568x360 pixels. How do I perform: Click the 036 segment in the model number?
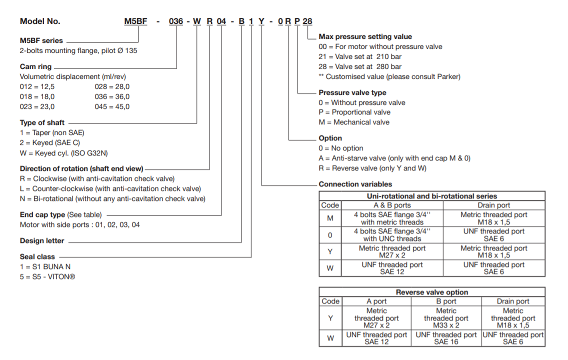click(x=176, y=21)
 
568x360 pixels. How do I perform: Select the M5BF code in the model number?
click(x=135, y=21)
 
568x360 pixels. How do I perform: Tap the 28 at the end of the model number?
click(x=308, y=21)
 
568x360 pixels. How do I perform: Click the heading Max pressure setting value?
click(x=365, y=36)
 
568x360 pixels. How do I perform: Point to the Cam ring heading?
click(x=35, y=66)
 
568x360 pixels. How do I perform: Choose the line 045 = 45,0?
click(x=112, y=106)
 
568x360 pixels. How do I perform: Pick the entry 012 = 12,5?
click(x=37, y=86)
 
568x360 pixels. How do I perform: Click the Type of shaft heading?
click(x=42, y=122)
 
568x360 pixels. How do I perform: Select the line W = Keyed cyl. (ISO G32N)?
click(x=64, y=153)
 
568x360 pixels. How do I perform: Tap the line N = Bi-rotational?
click(x=112, y=198)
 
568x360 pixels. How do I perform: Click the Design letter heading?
click(x=42, y=240)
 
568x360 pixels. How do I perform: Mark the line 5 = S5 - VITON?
click(x=47, y=276)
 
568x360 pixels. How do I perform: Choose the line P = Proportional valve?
click(x=354, y=112)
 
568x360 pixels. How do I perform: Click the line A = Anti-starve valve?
click(x=394, y=158)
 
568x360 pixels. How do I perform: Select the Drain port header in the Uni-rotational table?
click(x=493, y=205)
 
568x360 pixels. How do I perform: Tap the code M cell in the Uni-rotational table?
click(x=330, y=218)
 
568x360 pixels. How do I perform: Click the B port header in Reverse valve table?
click(x=446, y=301)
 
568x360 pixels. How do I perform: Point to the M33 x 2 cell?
click(x=446, y=325)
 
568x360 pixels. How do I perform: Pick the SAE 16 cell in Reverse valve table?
click(x=446, y=341)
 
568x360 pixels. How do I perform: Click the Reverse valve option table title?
click(x=432, y=292)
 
